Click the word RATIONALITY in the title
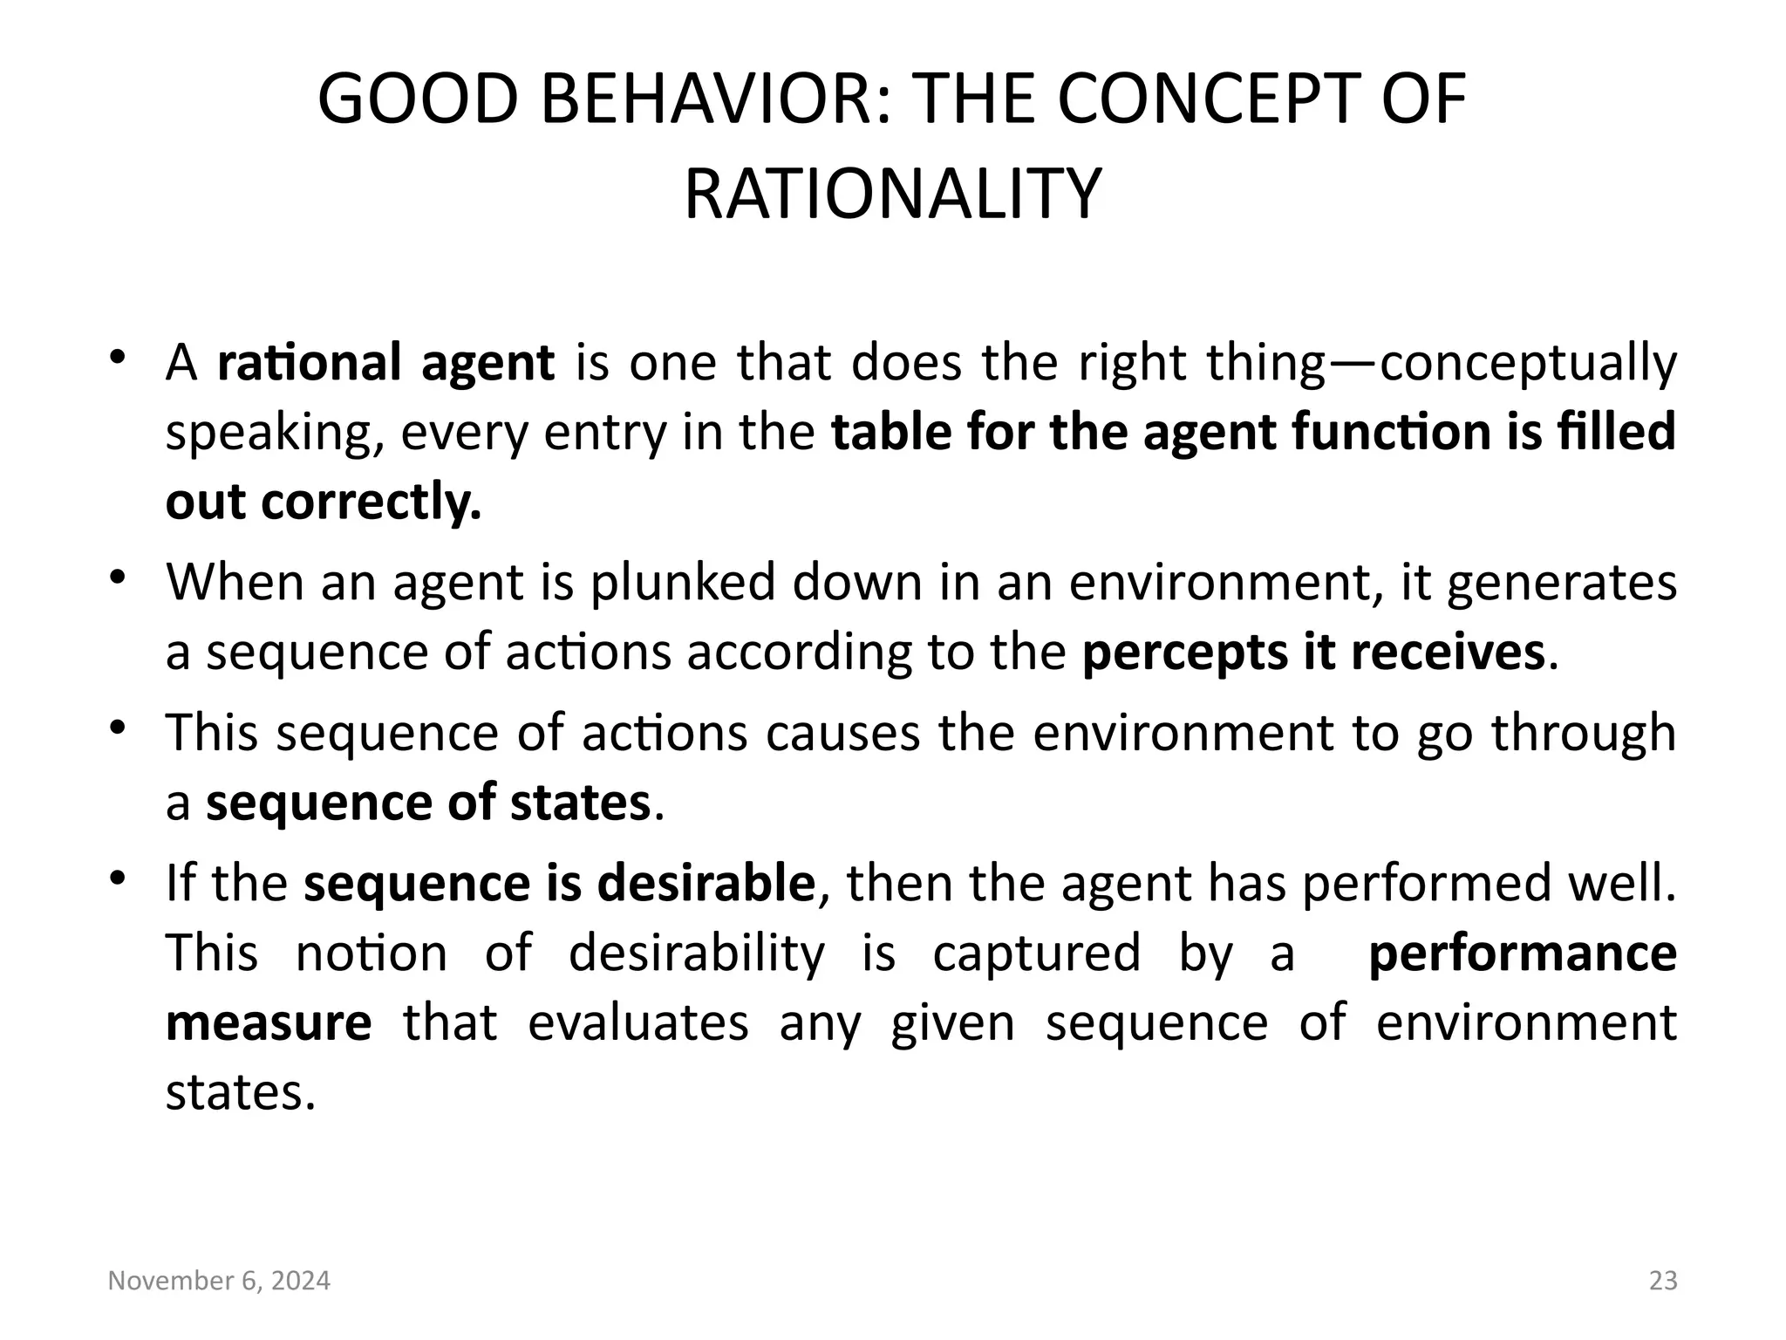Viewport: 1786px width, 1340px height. pos(892,195)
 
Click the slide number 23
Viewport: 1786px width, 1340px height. pos(1663,1281)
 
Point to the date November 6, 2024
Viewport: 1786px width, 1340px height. pos(219,1281)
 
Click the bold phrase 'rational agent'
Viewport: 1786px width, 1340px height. pos(385,363)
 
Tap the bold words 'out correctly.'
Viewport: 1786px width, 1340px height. pos(324,502)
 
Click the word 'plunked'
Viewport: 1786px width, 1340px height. pos(683,582)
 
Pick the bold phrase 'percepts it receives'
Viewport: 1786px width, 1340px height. pos(1313,652)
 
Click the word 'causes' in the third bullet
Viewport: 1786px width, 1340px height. pos(842,733)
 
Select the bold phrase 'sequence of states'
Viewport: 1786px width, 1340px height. pos(428,803)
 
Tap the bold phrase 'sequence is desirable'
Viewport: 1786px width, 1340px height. pos(559,883)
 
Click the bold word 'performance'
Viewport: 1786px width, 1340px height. pos(1523,954)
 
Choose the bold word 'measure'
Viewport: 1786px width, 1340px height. pos(269,1022)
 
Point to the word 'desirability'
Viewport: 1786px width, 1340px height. pos(696,953)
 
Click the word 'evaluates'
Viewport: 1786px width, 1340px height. pos(637,1022)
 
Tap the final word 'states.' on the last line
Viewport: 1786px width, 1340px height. pos(240,1092)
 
